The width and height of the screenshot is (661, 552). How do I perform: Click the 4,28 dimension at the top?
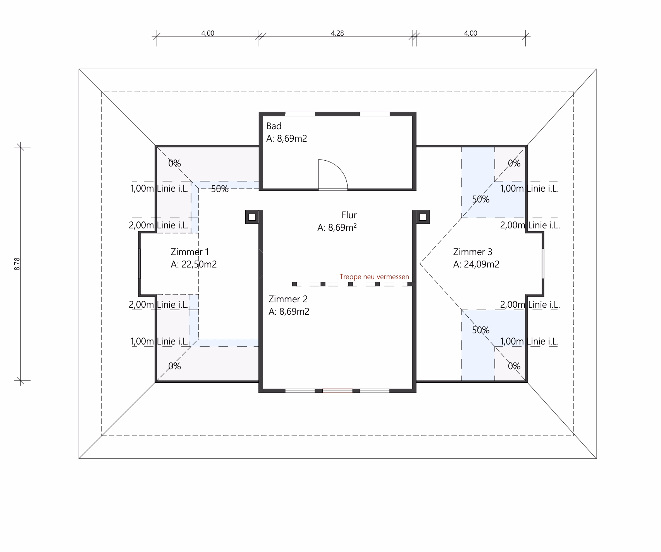[x=337, y=33]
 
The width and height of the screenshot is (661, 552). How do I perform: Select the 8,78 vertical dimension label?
[x=17, y=264]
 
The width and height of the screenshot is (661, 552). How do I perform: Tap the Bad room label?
[x=274, y=126]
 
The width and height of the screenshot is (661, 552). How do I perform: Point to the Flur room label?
[x=349, y=215]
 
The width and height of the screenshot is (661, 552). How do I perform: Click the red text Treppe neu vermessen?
[x=374, y=277]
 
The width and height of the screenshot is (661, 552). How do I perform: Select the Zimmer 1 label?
[x=189, y=252]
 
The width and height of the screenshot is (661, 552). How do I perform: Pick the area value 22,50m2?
[x=199, y=264]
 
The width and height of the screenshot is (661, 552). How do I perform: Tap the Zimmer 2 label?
[x=288, y=299]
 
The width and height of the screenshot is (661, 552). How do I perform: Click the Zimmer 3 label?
[x=473, y=252]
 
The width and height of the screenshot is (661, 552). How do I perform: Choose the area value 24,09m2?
[x=482, y=264]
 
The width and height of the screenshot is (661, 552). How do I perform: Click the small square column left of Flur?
[x=252, y=217]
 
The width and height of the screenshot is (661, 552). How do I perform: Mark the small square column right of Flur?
[x=423, y=217]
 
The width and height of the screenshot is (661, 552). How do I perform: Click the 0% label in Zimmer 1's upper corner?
[x=174, y=163]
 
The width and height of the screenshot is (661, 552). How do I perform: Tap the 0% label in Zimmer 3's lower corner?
[x=514, y=366]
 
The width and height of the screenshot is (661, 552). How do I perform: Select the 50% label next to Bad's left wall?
[x=220, y=189]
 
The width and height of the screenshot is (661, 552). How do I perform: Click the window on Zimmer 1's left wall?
[x=139, y=264]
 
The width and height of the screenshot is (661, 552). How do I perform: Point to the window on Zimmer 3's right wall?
[x=543, y=264]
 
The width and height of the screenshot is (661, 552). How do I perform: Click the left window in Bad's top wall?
[x=300, y=114]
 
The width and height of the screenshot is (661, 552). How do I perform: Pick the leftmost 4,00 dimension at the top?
[x=208, y=33]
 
